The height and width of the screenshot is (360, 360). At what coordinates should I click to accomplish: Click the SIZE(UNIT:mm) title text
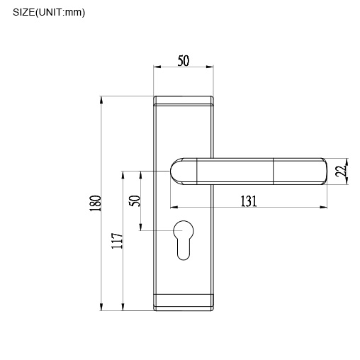click(49, 12)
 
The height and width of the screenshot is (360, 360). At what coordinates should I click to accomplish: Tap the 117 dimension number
click(118, 240)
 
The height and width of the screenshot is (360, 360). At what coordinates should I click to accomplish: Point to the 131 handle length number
click(247, 201)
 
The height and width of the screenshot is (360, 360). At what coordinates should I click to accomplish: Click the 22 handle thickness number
click(339, 171)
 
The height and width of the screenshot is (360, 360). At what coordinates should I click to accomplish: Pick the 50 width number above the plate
click(183, 61)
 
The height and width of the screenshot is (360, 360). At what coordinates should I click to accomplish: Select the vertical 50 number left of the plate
click(135, 201)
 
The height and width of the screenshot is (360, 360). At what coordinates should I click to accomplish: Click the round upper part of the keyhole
click(184, 230)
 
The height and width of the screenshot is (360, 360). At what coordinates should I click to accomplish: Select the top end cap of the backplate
click(184, 100)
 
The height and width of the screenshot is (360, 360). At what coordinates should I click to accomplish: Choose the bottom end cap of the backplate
click(184, 303)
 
